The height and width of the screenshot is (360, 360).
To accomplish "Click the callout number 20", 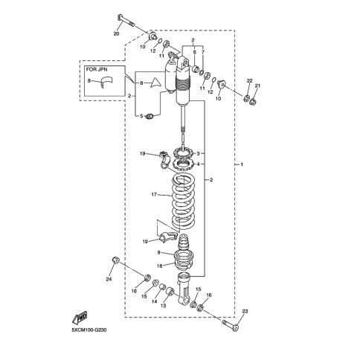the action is [116, 33].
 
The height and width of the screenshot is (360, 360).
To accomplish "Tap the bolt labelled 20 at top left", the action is [126, 21].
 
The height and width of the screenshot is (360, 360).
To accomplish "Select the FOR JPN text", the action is [97, 69].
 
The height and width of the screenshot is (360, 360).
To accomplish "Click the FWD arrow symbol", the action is [80, 318].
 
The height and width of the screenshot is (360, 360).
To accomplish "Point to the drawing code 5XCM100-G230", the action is [89, 330].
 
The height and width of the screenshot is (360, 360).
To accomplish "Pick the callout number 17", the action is [154, 195].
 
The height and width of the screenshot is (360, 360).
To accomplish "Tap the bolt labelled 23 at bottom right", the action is [231, 325].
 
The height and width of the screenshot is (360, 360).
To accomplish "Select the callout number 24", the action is [109, 279].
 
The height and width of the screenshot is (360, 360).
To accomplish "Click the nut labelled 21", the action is [253, 101].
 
